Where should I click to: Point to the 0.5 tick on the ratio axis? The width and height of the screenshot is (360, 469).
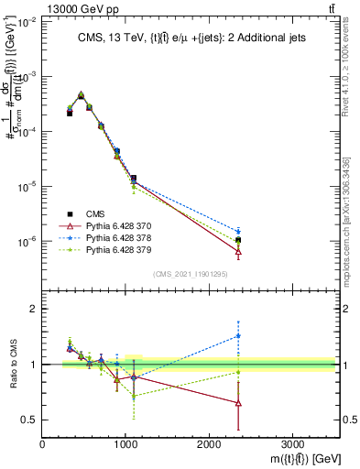click(27, 420)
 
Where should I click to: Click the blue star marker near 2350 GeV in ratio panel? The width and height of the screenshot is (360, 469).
click(238, 335)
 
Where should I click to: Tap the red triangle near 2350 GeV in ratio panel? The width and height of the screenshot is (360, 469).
click(238, 403)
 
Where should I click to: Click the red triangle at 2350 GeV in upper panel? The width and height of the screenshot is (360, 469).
click(238, 252)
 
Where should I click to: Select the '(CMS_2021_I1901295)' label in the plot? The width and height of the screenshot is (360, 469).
click(191, 274)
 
